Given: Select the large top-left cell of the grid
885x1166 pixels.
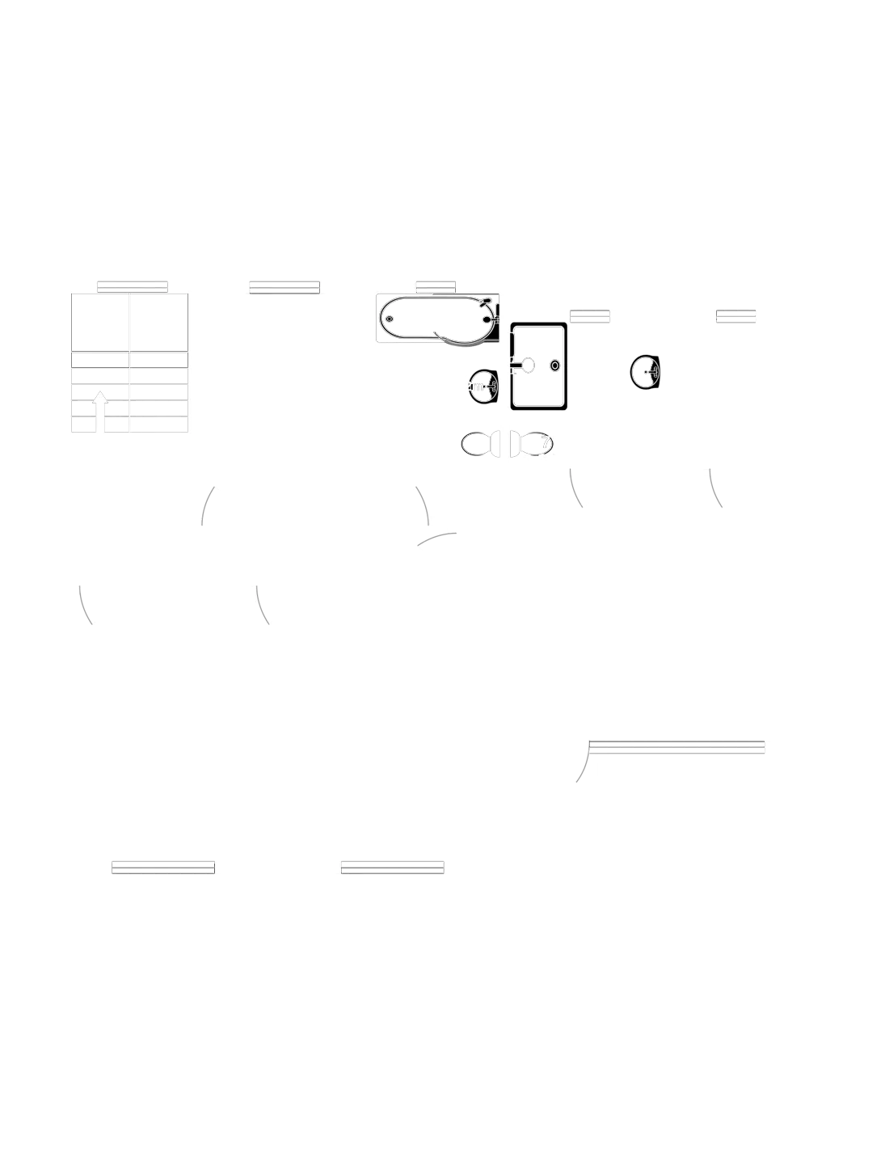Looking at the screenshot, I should [99, 322].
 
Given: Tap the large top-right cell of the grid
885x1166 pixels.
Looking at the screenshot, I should [161, 322].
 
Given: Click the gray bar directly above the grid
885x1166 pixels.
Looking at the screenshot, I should [133, 285].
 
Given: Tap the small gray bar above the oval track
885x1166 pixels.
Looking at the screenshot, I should [436, 285].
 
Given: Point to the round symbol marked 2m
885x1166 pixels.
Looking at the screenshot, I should [482, 387].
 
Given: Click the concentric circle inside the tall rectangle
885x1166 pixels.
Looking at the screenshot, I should [554, 365].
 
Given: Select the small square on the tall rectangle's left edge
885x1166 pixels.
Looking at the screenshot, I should [525, 365].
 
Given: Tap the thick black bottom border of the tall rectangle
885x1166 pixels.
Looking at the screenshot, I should [539, 410].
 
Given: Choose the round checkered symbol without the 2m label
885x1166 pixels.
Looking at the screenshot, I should [645, 373].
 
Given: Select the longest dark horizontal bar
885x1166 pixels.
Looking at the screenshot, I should [676, 746].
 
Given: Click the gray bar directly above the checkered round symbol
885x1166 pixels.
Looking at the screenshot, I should [589, 313].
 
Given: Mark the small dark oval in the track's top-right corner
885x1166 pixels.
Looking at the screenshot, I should [484, 302].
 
